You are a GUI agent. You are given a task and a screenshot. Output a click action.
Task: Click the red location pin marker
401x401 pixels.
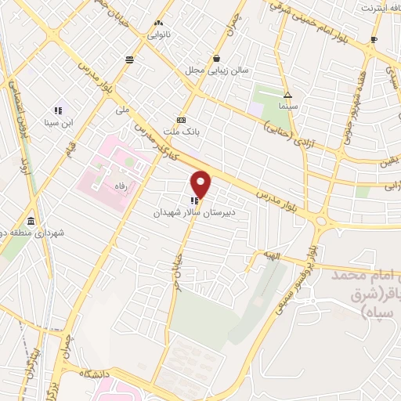point(202,184)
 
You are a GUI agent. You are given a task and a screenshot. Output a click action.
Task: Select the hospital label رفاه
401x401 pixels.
point(121,186)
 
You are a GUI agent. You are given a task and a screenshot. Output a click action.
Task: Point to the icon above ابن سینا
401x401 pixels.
point(59,111)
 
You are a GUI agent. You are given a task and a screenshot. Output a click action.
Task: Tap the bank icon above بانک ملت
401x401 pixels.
point(182,120)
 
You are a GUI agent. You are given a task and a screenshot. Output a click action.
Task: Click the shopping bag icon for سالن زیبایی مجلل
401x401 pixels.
point(216,58)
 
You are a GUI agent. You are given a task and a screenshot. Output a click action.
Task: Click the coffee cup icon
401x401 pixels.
point(374,39)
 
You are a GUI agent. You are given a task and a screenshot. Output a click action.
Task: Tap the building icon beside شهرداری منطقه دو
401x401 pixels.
point(31,221)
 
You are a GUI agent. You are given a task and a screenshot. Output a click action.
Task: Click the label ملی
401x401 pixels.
point(121,110)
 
